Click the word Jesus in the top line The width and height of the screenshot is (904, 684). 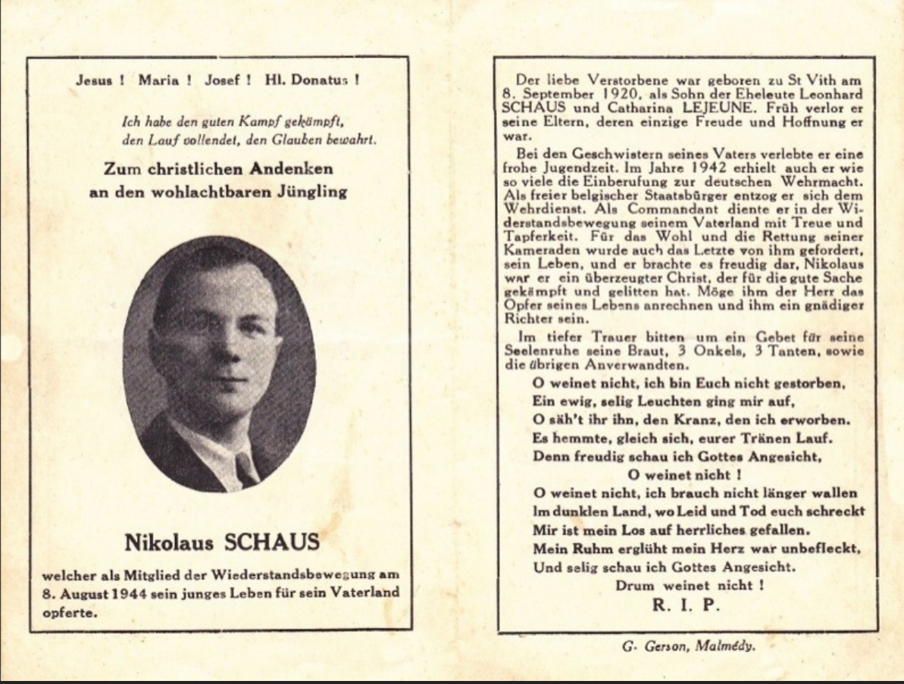click(95, 80)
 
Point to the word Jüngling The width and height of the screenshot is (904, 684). click(310, 192)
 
